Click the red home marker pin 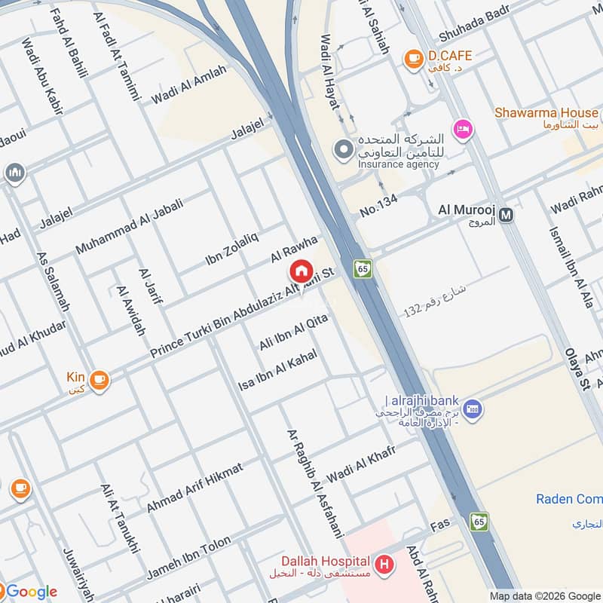pyautogui.click(x=300, y=271)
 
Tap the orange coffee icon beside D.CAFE pyautogui.click(x=412, y=57)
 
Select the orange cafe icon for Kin pyautogui.click(x=99, y=380)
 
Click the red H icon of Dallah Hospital pyautogui.click(x=385, y=563)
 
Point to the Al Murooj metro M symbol pyautogui.click(x=507, y=215)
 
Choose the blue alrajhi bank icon pyautogui.click(x=473, y=409)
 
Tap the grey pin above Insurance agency pyautogui.click(x=344, y=149)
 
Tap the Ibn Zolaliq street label pyautogui.click(x=231, y=249)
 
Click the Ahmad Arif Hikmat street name pyautogui.click(x=194, y=488)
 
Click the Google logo pyautogui.click(x=30, y=592)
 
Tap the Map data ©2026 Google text pyautogui.click(x=543, y=595)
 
